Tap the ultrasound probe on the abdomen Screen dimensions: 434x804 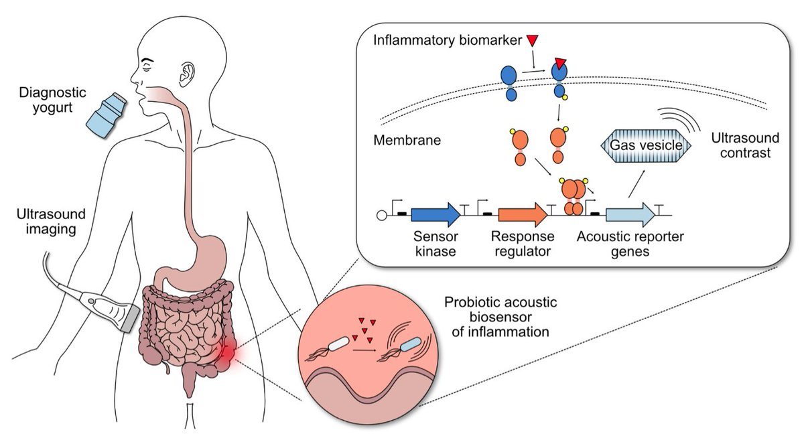click(111, 305)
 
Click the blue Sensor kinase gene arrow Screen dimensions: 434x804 click(436, 214)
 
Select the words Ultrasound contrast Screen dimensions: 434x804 click(745, 145)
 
